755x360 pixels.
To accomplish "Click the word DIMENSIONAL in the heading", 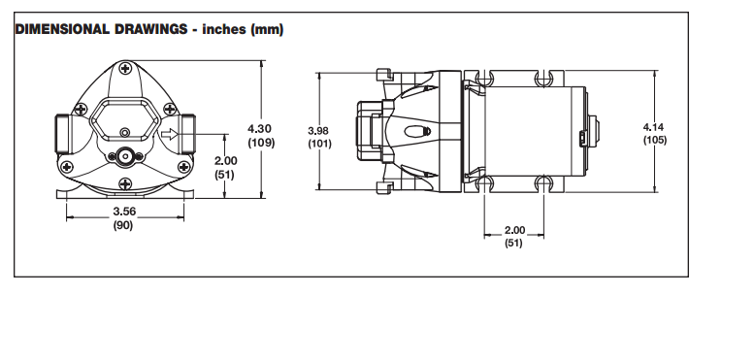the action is tap(63, 29).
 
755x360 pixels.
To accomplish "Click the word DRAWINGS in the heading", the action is tap(150, 29).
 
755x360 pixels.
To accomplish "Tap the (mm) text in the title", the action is tap(266, 30).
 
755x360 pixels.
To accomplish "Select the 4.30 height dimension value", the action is tap(259, 129).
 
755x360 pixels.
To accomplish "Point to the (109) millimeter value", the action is tap(261, 143).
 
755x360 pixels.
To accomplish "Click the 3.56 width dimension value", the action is tap(124, 211).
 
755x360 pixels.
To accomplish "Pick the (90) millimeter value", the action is tap(123, 225).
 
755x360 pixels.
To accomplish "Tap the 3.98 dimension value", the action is tap(318, 130).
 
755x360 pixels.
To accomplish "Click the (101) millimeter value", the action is tap(319, 144).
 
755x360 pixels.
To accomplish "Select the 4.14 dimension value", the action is tap(653, 127).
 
